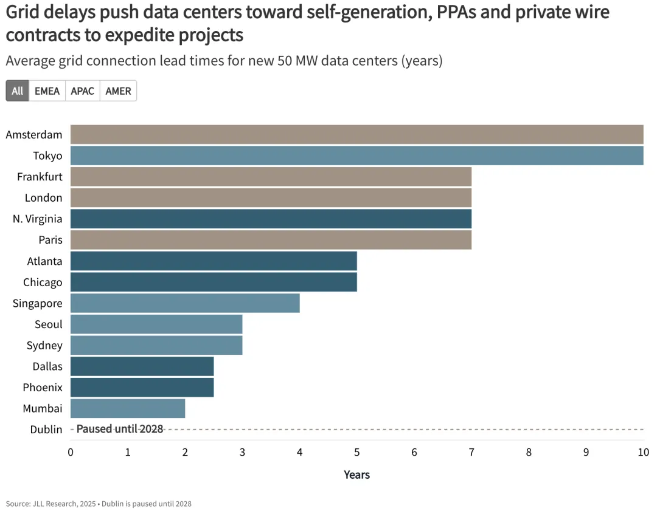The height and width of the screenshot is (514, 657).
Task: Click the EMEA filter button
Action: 47,91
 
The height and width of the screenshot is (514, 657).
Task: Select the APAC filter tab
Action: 82,91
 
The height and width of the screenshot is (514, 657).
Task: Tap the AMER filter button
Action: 118,91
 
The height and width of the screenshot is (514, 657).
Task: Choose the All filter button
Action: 17,91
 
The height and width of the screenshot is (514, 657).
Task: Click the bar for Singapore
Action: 185,303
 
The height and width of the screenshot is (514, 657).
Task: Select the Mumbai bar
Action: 128,408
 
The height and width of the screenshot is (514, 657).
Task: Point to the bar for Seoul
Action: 156,324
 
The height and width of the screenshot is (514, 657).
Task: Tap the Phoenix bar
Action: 142,387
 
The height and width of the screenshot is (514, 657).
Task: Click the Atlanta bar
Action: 214,261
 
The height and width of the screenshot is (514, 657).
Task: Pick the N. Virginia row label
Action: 37,219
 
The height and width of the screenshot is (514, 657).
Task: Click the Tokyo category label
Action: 47,156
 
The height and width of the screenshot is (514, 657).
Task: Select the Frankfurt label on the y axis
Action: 40,177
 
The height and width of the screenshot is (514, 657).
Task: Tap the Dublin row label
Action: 46,430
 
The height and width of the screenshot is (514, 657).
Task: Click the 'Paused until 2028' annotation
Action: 120,429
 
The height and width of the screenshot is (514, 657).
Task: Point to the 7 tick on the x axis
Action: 471,452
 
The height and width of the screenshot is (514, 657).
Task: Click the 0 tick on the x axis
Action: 71,452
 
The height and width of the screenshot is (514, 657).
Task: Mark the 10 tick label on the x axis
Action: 643,452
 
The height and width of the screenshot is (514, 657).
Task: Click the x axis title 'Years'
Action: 356,475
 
